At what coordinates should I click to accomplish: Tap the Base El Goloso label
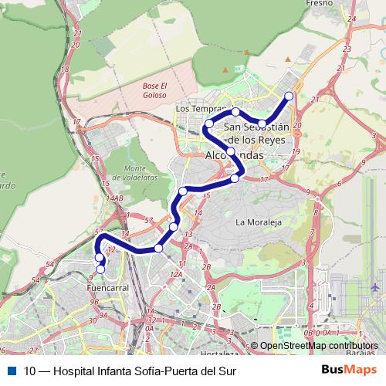(x=154, y=90)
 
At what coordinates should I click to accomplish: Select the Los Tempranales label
(x=202, y=110)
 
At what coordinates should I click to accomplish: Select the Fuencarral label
(x=97, y=287)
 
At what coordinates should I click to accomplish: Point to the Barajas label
(x=364, y=354)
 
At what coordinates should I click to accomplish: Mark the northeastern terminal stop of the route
(x=289, y=96)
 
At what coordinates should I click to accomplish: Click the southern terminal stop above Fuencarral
(x=100, y=269)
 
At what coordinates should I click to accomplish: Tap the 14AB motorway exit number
(x=115, y=198)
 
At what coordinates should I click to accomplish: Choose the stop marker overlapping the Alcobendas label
(x=231, y=150)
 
